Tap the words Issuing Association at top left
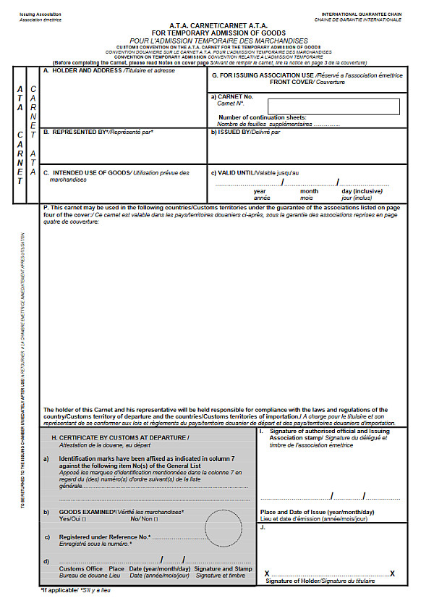coord(41,14)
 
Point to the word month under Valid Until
coord(309,191)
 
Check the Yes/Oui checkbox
coord(85,519)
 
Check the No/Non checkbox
coord(155,519)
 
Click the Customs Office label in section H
coord(81,569)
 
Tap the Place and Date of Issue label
coord(317,512)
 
